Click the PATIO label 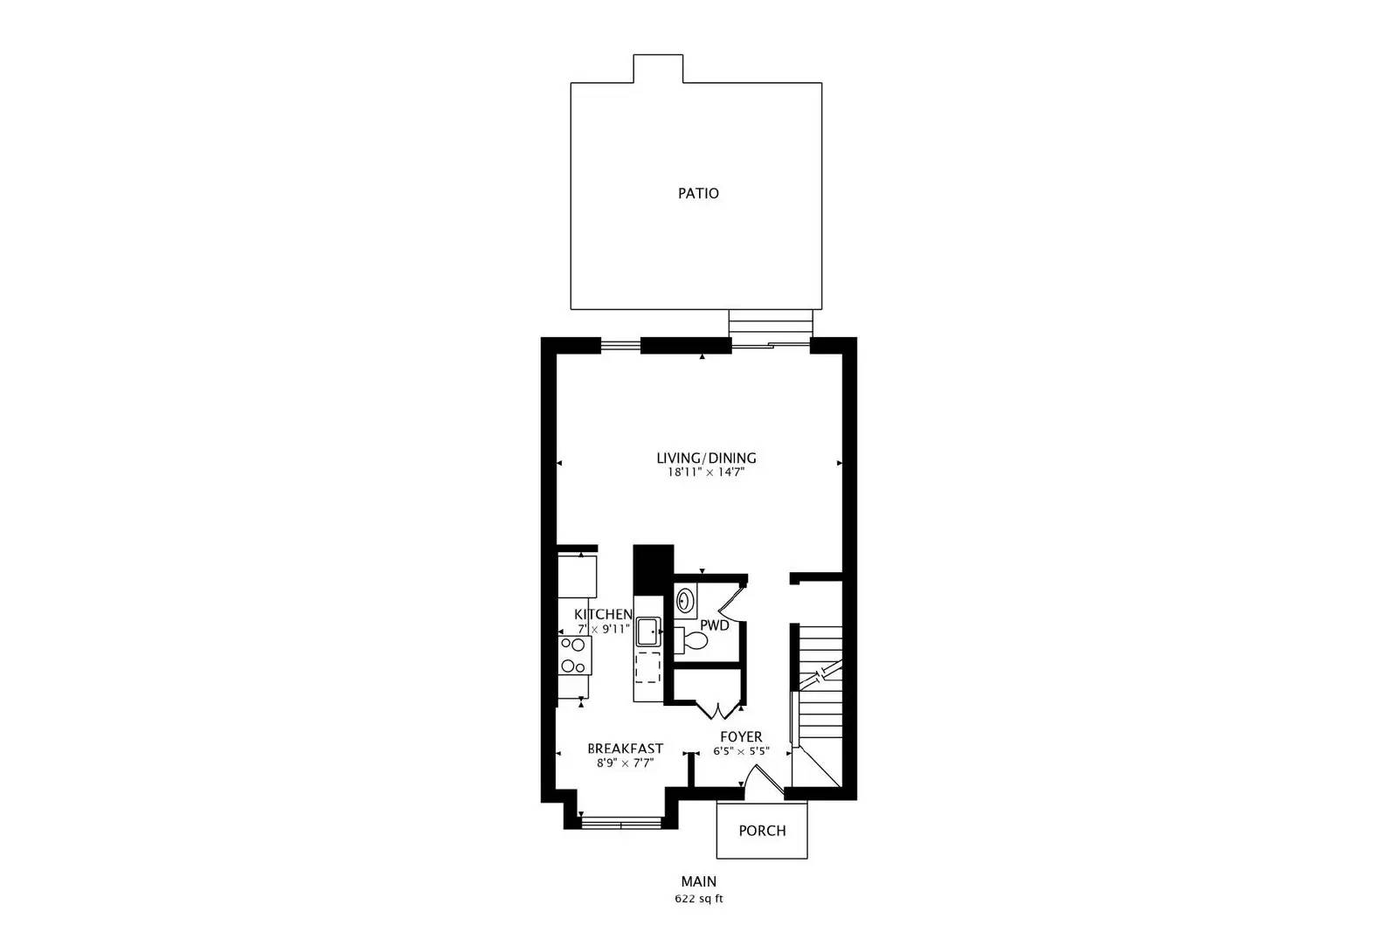698,193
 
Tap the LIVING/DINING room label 706,458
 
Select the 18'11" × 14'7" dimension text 706,473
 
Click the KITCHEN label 603,615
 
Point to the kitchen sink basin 648,631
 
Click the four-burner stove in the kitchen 574,655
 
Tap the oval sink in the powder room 686,602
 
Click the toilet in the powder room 693,640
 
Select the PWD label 714,625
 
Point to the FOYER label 740,737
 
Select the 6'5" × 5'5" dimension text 740,751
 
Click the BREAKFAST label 625,749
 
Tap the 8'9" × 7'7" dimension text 625,763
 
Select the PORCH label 762,831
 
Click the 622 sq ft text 698,899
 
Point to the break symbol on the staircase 821,674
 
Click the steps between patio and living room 771,325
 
